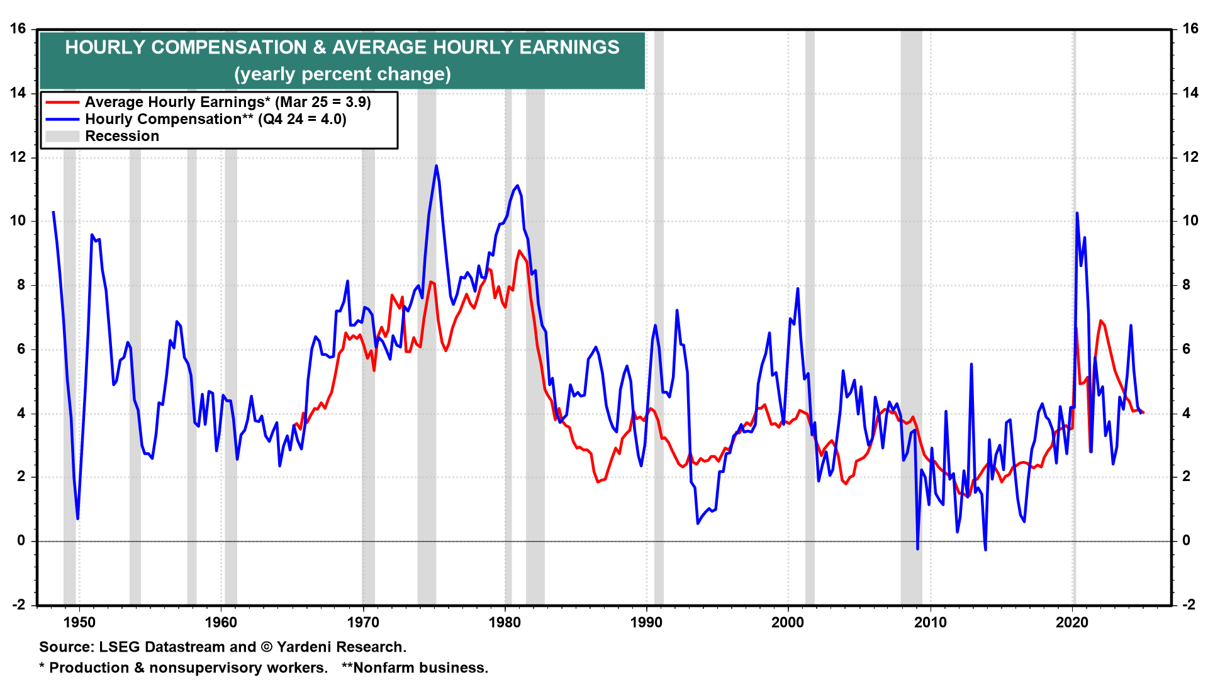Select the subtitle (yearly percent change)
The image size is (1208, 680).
pos(342,74)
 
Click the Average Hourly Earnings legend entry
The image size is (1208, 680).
pos(228,102)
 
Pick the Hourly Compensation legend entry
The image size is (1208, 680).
pos(215,119)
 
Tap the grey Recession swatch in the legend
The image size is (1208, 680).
pos(62,136)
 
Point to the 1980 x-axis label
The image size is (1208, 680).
pos(505,623)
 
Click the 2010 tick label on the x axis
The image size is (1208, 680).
pos(930,623)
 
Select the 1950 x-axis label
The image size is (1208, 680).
pos(79,623)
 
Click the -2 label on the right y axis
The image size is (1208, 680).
pos(1188,605)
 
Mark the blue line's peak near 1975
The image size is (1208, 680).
pos(436,166)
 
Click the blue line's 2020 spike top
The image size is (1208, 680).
pos(1077,213)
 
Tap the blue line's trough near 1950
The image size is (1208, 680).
pos(77,518)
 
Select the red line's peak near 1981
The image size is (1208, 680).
pos(520,251)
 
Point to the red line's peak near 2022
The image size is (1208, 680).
pos(1100,321)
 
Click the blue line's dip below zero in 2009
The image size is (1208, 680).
pos(917,548)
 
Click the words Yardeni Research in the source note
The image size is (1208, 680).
pos(341,647)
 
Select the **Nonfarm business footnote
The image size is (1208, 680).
pos(415,668)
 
